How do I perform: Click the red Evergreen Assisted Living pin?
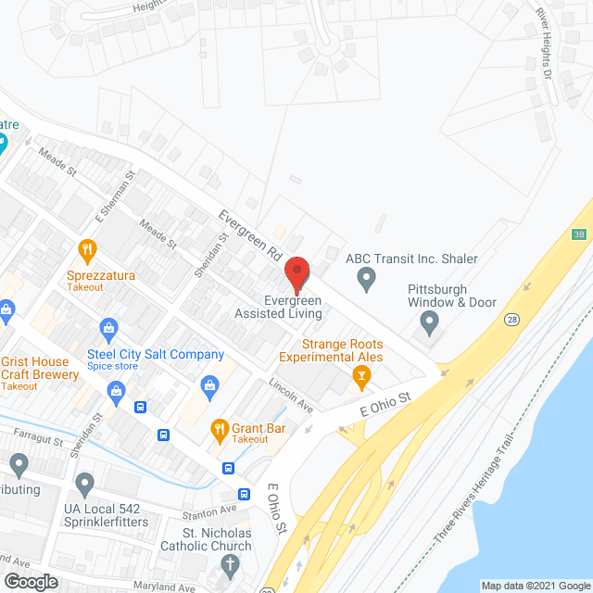click(296, 273)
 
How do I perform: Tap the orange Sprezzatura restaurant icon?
click(87, 248)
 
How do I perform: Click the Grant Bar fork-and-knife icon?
click(220, 428)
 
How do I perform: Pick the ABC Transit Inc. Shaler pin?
click(367, 278)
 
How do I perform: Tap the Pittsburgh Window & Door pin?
click(429, 322)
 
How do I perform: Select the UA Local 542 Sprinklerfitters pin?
click(85, 483)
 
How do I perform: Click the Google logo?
click(30, 581)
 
